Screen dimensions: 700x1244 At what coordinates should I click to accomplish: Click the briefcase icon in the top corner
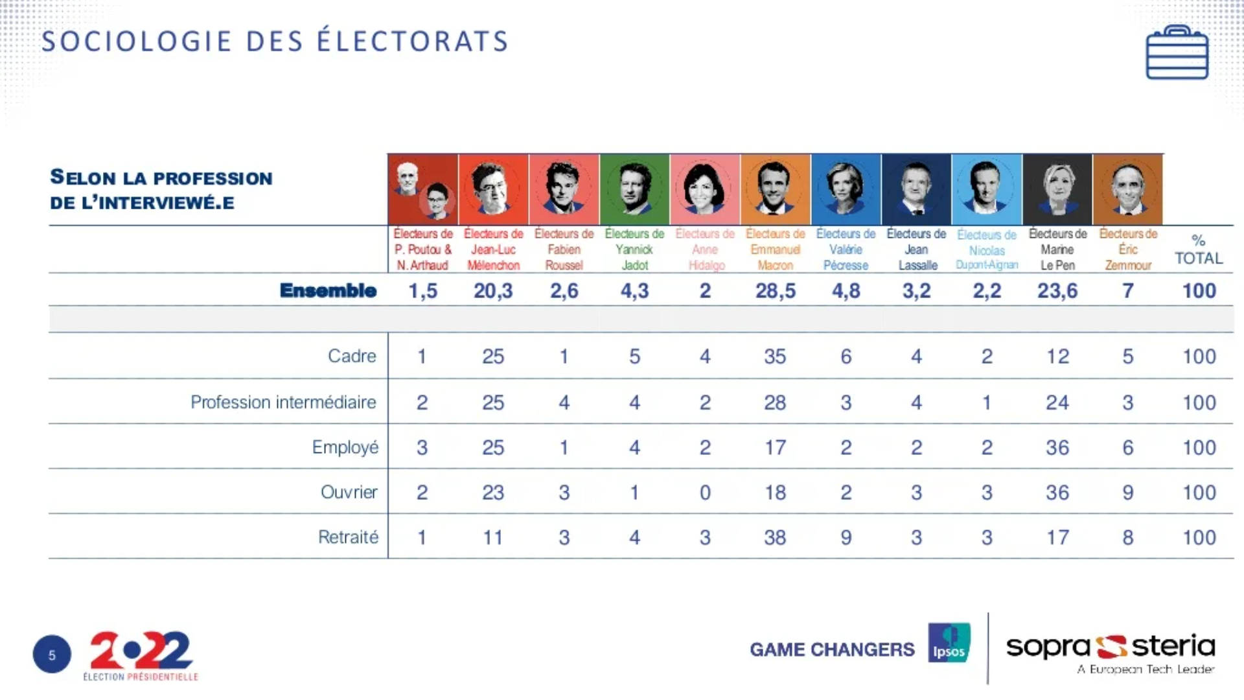(1177, 53)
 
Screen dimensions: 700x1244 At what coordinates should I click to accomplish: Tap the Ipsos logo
(949, 643)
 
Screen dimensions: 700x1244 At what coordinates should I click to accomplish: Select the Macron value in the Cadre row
(775, 356)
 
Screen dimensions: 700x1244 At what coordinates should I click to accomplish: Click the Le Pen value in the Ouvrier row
(1057, 493)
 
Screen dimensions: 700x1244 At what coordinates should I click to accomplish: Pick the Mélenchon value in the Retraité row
(492, 537)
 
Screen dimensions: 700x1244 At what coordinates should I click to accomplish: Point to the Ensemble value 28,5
(775, 291)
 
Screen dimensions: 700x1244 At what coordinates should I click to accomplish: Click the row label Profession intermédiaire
(283, 402)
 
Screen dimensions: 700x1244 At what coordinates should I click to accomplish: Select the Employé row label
(345, 447)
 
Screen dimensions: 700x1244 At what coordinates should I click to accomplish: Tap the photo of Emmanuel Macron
(775, 189)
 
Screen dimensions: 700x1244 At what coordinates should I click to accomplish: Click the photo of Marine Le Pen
(1057, 189)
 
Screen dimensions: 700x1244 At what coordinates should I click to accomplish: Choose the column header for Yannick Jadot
(634, 250)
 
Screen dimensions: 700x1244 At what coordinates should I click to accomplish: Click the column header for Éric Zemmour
(1128, 250)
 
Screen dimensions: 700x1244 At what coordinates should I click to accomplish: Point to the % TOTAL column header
(1199, 250)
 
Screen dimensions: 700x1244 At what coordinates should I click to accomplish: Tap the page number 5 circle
(52, 655)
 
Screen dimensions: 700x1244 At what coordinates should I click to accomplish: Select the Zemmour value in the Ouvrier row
(1128, 493)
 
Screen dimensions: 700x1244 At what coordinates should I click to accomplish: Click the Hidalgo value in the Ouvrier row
(705, 493)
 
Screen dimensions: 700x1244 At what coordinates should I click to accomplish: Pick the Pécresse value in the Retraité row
(846, 537)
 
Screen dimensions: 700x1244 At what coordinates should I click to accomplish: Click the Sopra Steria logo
(1110, 651)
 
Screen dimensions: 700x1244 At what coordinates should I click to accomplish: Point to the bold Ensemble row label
(328, 291)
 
